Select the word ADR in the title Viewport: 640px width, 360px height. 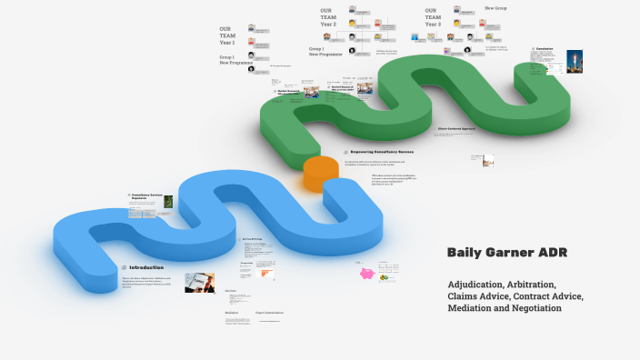coord(551,252)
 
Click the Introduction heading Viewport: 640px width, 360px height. coord(146,267)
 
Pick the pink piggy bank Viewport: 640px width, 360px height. coord(367,273)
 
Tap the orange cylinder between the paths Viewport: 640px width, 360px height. coord(319,173)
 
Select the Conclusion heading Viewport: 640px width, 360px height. coord(545,48)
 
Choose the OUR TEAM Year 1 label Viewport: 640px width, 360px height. coord(227,35)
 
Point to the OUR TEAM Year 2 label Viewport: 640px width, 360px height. coord(328,17)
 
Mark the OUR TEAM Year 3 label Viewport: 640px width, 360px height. coord(433,17)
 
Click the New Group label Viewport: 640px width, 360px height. coord(495,7)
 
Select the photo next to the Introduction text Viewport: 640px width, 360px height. coord(200,282)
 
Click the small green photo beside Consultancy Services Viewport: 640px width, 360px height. coord(169,203)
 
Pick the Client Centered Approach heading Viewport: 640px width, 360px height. coord(456,130)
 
